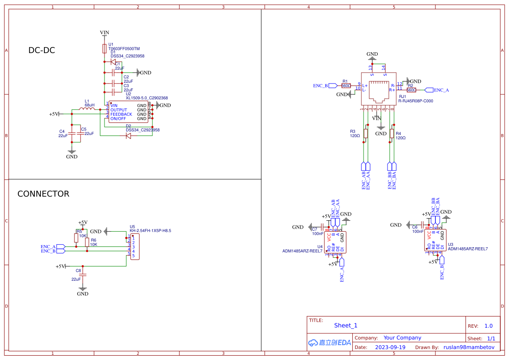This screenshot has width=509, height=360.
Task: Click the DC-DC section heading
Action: click(42, 50)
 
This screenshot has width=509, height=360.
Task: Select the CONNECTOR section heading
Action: click(43, 194)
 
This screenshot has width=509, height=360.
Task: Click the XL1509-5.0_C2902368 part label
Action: click(147, 98)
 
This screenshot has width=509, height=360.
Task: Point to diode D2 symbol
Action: click(128, 136)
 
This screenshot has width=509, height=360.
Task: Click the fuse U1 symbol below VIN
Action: click(104, 48)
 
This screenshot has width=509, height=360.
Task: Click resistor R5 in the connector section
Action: click(76, 238)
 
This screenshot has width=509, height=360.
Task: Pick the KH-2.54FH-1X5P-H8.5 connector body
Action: click(135, 247)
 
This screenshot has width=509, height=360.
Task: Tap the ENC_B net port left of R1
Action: click(333, 85)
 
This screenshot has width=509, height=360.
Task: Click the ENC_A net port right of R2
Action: click(429, 90)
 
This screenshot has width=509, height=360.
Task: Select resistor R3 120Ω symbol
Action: click(366, 133)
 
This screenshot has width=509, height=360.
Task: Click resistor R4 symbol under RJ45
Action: click(392, 133)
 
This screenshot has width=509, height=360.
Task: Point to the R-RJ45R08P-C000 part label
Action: click(415, 101)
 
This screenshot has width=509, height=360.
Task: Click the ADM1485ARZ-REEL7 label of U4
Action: click(302, 251)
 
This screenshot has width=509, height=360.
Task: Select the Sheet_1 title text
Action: click(346, 325)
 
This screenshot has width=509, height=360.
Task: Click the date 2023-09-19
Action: click(390, 347)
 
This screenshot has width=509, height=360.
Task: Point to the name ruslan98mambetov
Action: click(469, 347)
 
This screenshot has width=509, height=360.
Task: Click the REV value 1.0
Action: click(489, 326)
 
